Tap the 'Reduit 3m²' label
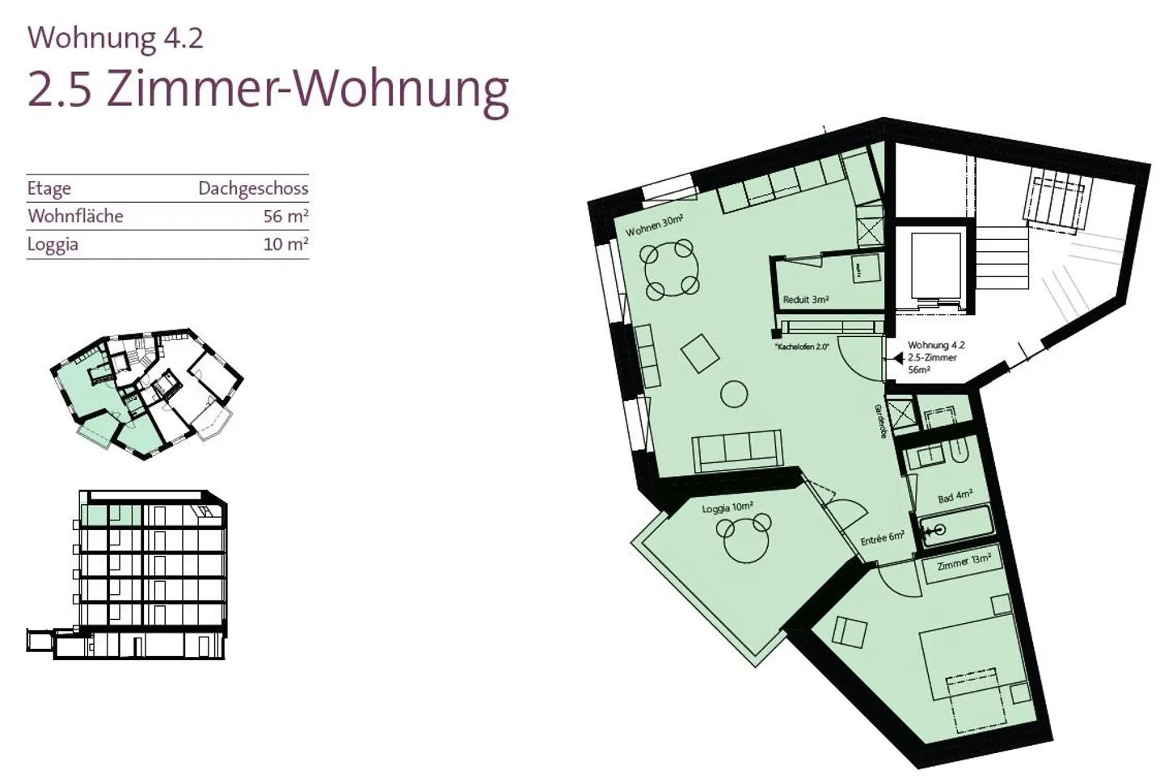pos(805,300)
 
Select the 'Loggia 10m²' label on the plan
pos(727,507)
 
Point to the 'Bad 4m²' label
pos(955,496)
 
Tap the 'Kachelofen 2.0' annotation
pos(802,347)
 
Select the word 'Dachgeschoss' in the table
pos(253,188)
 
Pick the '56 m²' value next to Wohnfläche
pos(286,216)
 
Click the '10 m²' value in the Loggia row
pos(286,244)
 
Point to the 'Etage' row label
pos(48,188)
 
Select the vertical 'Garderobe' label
pos(879,421)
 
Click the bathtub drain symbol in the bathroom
pos(938,530)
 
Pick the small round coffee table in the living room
pos(734,394)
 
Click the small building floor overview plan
pos(146,394)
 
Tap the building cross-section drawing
pos(127,575)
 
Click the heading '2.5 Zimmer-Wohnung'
pos(268,91)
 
